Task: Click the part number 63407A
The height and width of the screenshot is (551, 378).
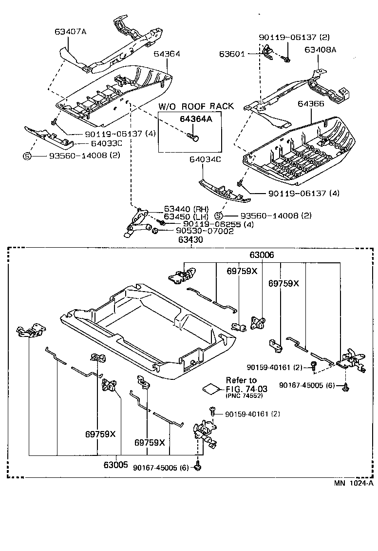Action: [70, 32]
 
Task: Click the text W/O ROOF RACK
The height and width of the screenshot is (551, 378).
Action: [195, 106]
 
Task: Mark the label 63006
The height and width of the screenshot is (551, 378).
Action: [262, 255]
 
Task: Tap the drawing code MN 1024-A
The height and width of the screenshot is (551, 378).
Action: [353, 483]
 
